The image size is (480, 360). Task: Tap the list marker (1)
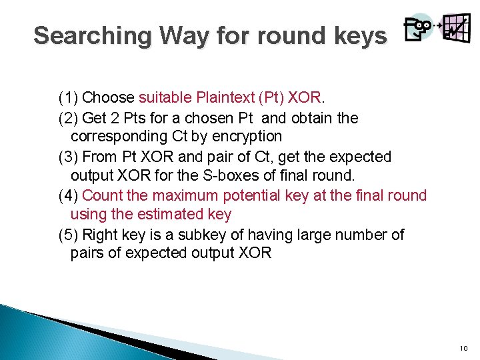[68, 98]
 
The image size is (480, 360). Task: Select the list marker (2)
[68, 118]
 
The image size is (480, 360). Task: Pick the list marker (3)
[68, 157]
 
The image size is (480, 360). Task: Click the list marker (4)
[68, 195]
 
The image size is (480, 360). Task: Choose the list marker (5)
[68, 235]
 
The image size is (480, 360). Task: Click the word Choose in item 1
[107, 98]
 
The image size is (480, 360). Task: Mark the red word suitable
[165, 98]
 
